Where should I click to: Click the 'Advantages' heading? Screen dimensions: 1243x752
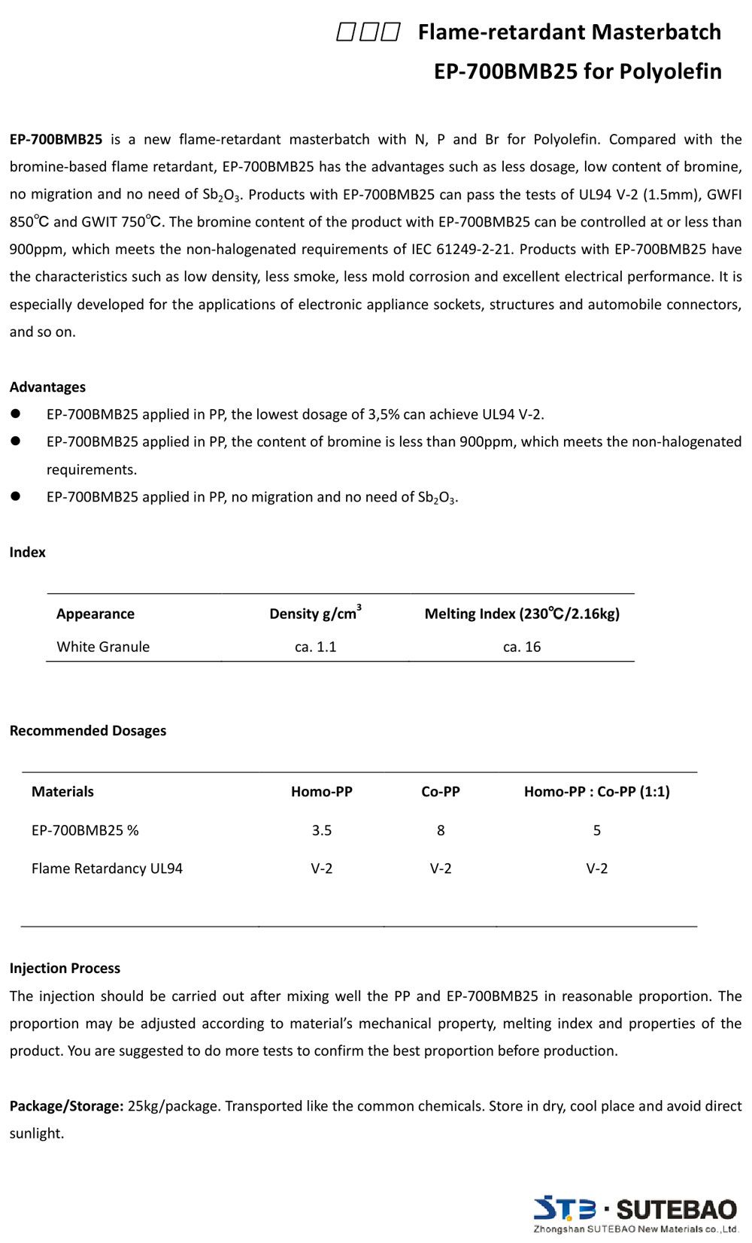pos(47,387)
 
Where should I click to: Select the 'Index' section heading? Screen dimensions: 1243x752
pos(28,552)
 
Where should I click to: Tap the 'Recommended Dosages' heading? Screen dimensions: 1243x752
pos(88,731)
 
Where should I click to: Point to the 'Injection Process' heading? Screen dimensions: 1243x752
pos(65,969)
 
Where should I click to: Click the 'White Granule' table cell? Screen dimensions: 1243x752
pos(103,647)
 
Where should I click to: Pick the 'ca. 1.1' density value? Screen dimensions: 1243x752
pos(315,647)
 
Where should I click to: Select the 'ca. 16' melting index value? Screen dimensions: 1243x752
pos(522,647)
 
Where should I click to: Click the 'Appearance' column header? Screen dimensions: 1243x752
pos(96,614)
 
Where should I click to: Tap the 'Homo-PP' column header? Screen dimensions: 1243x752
pos(322,792)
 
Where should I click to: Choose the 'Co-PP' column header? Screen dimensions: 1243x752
pos(441,792)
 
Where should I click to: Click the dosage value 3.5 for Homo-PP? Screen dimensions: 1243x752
pos(322,830)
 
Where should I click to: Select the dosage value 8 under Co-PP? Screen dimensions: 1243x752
pos(441,830)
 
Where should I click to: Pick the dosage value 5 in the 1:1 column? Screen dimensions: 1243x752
pos(597,830)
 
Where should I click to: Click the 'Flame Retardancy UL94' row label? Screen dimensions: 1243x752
pos(107,869)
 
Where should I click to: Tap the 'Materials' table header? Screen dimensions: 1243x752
pos(62,792)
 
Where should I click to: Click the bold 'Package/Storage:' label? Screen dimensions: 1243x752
pos(66,1106)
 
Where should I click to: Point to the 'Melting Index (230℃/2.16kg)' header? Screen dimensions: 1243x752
pos(522,614)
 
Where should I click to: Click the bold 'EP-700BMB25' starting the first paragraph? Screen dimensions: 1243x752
pos(56,139)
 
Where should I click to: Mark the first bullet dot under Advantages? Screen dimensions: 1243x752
pos(15,414)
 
